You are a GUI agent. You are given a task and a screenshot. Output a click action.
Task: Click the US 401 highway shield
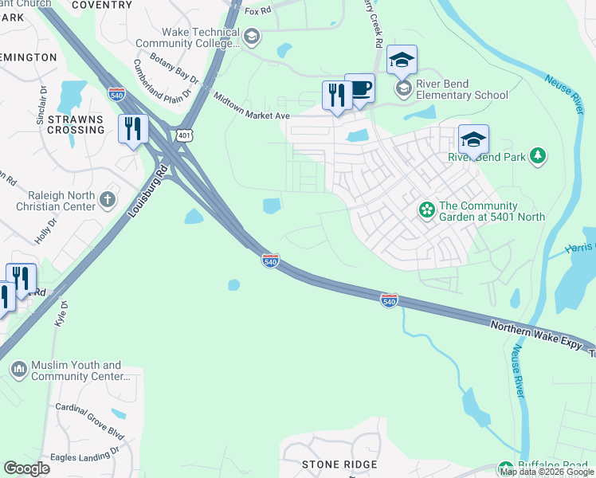186,135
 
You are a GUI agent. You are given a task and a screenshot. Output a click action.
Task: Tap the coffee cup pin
359,88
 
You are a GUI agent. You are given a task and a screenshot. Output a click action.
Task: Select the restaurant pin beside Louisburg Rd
132,129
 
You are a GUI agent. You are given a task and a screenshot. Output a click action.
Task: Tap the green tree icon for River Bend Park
539,156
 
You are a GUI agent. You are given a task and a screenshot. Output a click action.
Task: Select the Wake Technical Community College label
187,37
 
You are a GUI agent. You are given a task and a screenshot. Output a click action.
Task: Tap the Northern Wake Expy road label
538,335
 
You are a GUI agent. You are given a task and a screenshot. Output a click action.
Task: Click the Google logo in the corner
27,468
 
